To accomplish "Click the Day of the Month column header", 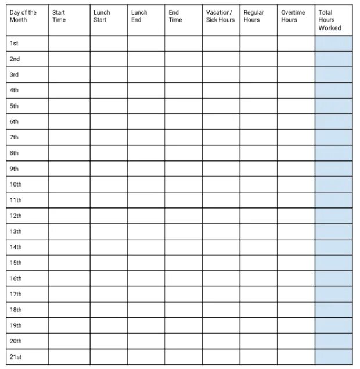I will pyautogui.click(x=23, y=16).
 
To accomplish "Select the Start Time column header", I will pyautogui.click(x=59, y=16).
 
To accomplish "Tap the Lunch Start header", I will pyautogui.click(x=102, y=16).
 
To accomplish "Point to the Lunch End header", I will pyautogui.click(x=139, y=16).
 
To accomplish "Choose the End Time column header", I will pyautogui.click(x=175, y=16).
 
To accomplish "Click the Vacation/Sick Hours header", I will pyautogui.click(x=221, y=16).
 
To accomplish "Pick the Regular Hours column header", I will pyautogui.click(x=253, y=16).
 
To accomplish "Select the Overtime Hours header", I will pyautogui.click(x=293, y=16).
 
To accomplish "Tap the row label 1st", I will pyautogui.click(x=14, y=44).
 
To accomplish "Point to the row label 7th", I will pyautogui.click(x=14, y=138).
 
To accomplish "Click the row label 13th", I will pyautogui.click(x=16, y=232).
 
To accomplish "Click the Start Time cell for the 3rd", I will pyautogui.click(x=69, y=75).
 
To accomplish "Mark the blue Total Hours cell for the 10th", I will pyautogui.click(x=334, y=185).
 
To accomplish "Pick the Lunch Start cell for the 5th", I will pyautogui.click(x=109, y=106).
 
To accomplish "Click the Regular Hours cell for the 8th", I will pyautogui.click(x=258, y=153).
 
